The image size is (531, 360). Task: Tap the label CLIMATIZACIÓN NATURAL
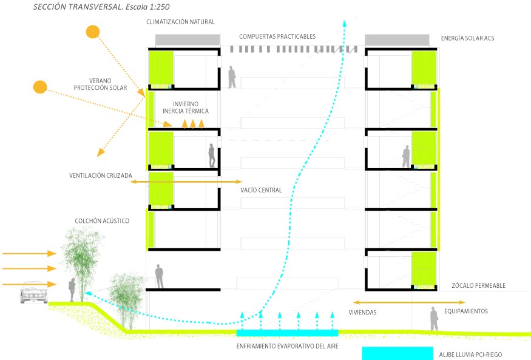(180, 22)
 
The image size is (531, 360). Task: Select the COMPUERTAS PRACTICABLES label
(277, 36)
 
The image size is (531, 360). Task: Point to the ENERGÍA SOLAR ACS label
(468, 39)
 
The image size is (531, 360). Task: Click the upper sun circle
(92, 32)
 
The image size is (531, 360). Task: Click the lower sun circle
(40, 87)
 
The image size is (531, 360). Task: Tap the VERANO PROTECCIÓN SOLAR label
(100, 84)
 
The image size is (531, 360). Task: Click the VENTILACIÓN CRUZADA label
(100, 176)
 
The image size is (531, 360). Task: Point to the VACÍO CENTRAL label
(261, 190)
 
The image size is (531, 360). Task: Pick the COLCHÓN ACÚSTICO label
(102, 221)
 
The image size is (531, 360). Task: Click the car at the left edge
(34, 293)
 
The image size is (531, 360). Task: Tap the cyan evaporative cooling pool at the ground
(286, 333)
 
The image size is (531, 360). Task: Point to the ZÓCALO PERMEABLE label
(478, 286)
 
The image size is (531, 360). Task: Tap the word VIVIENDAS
(362, 313)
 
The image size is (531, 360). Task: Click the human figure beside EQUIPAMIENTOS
(433, 319)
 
